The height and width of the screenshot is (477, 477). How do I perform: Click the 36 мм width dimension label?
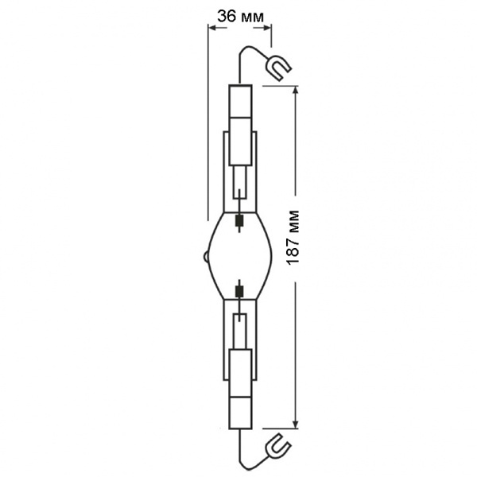point(240,16)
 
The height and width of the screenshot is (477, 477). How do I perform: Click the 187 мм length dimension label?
point(293,238)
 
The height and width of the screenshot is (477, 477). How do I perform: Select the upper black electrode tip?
point(240,220)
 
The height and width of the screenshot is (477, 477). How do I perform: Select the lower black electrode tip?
point(240,292)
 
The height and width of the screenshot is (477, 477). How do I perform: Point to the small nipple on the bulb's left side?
point(207,257)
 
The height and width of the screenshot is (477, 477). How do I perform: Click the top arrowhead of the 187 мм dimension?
point(295,90)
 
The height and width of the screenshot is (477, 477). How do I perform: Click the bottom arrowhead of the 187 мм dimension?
point(295,425)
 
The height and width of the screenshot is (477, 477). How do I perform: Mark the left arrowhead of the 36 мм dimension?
point(212,28)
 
